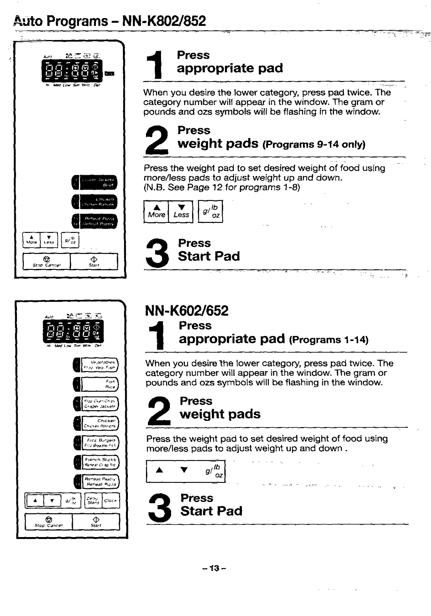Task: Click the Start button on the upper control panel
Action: pos(94,261)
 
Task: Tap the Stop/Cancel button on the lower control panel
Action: pos(49,522)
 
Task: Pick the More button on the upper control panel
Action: pos(32,239)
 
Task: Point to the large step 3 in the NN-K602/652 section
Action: pos(160,509)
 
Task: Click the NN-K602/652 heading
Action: pos(187,310)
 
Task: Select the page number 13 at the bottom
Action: pos(215,568)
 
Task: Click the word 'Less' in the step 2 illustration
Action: pos(181,215)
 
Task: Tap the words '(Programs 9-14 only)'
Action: pos(314,144)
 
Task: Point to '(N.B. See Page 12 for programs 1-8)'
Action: pos(222,187)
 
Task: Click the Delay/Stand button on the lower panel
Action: pos(93,500)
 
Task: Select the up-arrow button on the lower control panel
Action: pos(35,500)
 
